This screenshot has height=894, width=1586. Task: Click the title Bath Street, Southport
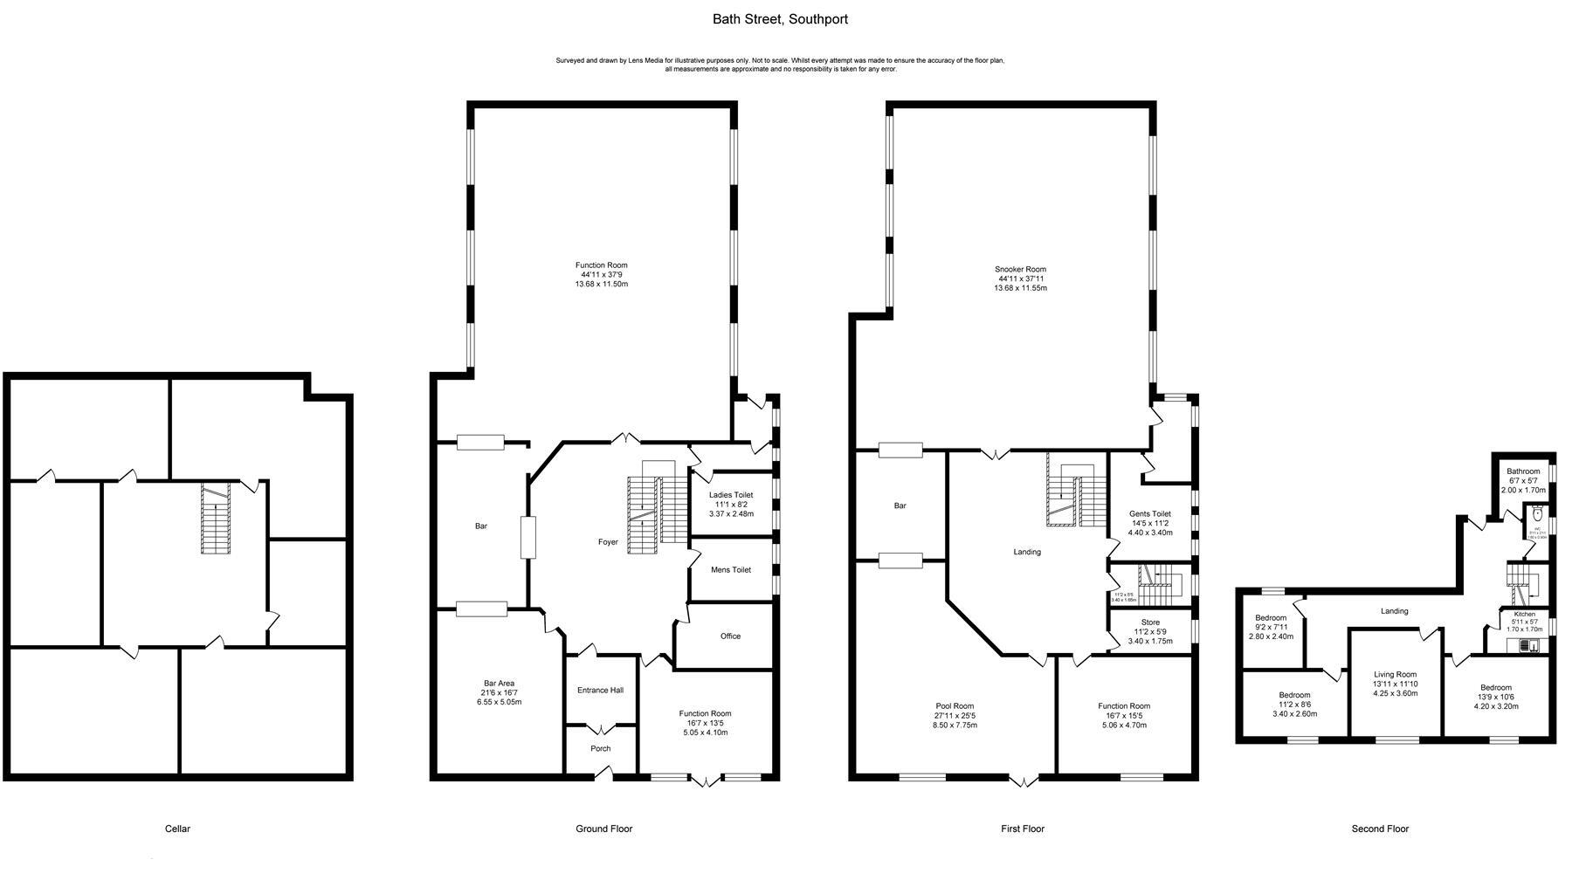pos(780,19)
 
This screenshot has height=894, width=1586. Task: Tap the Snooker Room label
pos(1020,270)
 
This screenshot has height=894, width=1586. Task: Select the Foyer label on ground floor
pos(608,542)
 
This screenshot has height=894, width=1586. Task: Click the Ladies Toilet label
pos(731,495)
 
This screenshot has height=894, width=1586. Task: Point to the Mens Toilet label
pos(731,570)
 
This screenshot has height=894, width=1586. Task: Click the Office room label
pos(731,636)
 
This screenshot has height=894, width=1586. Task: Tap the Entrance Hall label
pos(600,691)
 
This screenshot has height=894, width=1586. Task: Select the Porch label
pos(601,748)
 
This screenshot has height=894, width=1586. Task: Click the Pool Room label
pos(955,706)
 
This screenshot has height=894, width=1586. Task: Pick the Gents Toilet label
pos(1150,514)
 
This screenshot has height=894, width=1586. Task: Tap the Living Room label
pos(1395,674)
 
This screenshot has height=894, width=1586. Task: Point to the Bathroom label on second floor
pos(1523,471)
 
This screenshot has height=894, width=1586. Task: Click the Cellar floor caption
pos(177,829)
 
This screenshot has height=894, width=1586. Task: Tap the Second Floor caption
pos(1380,829)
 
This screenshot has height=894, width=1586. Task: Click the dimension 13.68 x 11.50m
pos(601,284)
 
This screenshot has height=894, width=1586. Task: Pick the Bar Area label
pos(499,684)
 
